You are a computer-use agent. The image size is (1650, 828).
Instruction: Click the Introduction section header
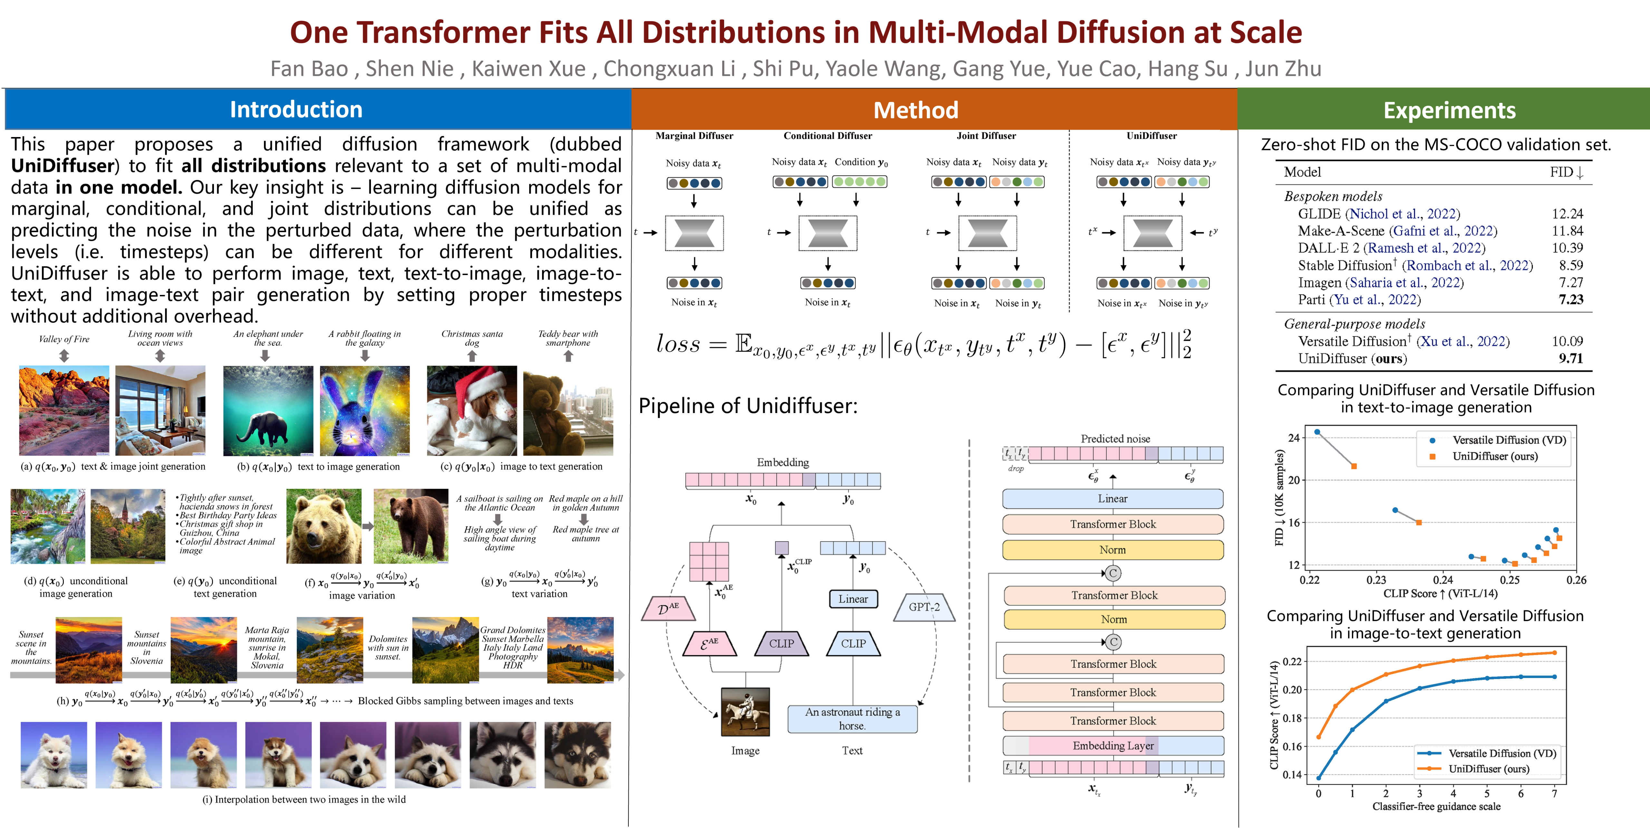pyautogui.click(x=296, y=110)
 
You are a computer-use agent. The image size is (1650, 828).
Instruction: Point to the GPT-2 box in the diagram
pyautogui.click(x=924, y=607)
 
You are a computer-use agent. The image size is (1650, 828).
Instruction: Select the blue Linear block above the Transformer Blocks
pyautogui.click(x=1112, y=498)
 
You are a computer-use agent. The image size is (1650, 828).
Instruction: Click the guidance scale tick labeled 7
pyautogui.click(x=1554, y=793)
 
